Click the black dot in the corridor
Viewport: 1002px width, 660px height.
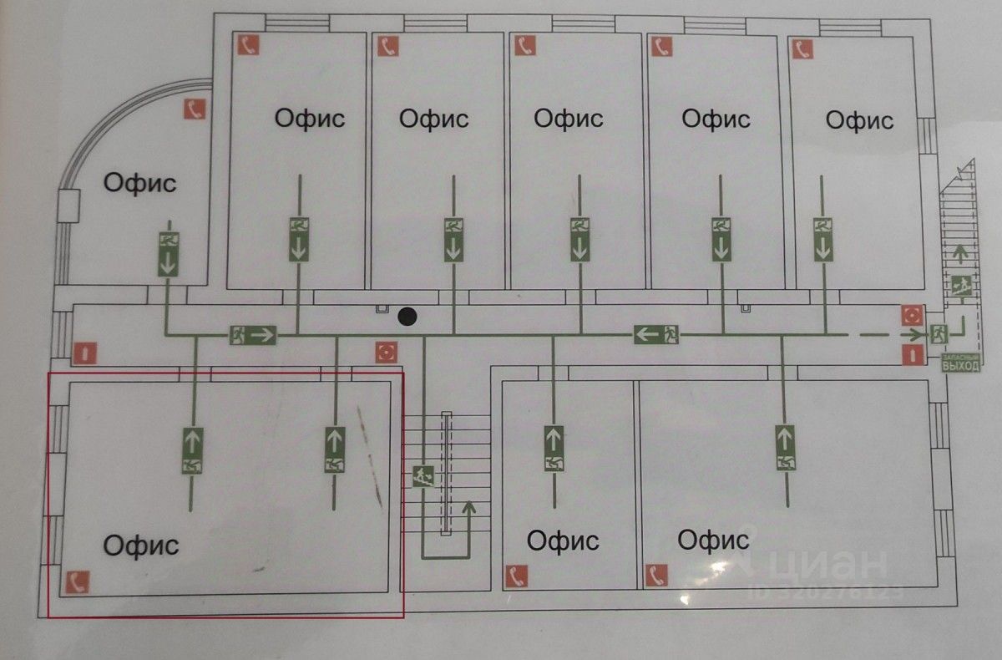407,317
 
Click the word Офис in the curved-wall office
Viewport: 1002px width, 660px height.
139,182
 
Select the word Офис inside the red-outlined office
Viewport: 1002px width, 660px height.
141,546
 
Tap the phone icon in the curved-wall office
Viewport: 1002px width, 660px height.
195,109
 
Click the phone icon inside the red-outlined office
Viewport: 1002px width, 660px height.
78,581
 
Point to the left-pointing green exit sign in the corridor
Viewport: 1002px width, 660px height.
655,335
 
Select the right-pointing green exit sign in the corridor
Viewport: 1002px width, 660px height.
253,335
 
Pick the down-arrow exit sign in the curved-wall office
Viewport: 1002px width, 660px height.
169,253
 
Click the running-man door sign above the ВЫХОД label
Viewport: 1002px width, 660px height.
938,333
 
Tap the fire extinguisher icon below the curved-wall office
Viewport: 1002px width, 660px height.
84,353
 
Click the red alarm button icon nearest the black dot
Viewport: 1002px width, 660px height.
385,352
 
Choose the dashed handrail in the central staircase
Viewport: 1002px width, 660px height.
446,472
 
